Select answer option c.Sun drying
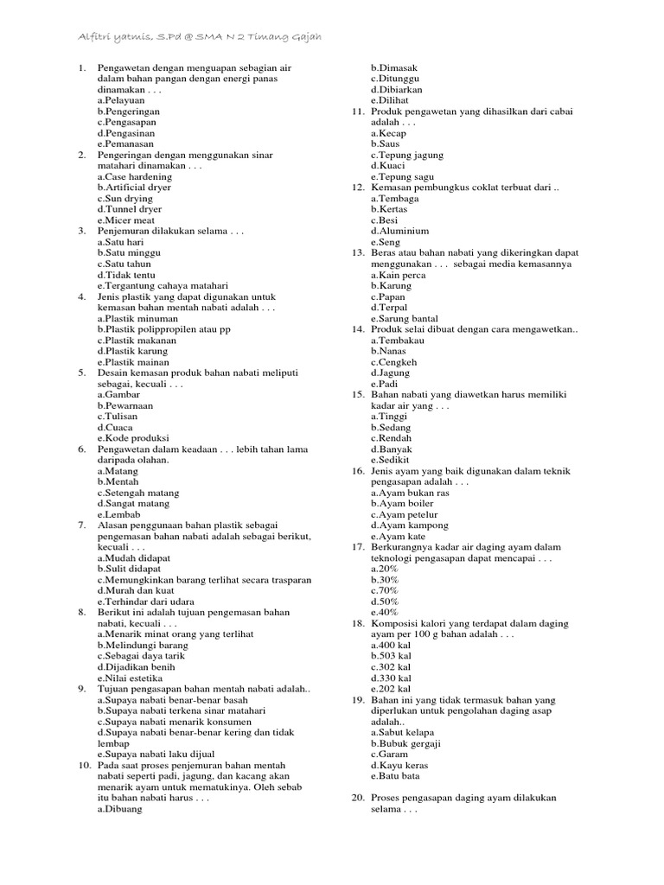click(125, 198)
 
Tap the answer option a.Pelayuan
click(121, 100)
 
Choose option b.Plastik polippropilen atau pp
click(164, 329)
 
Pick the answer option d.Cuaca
click(115, 427)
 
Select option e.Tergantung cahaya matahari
click(163, 285)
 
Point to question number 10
click(84, 765)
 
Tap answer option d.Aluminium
click(399, 231)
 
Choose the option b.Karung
click(391, 285)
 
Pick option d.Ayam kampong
click(410, 525)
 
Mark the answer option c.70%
click(385, 590)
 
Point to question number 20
click(357, 798)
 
